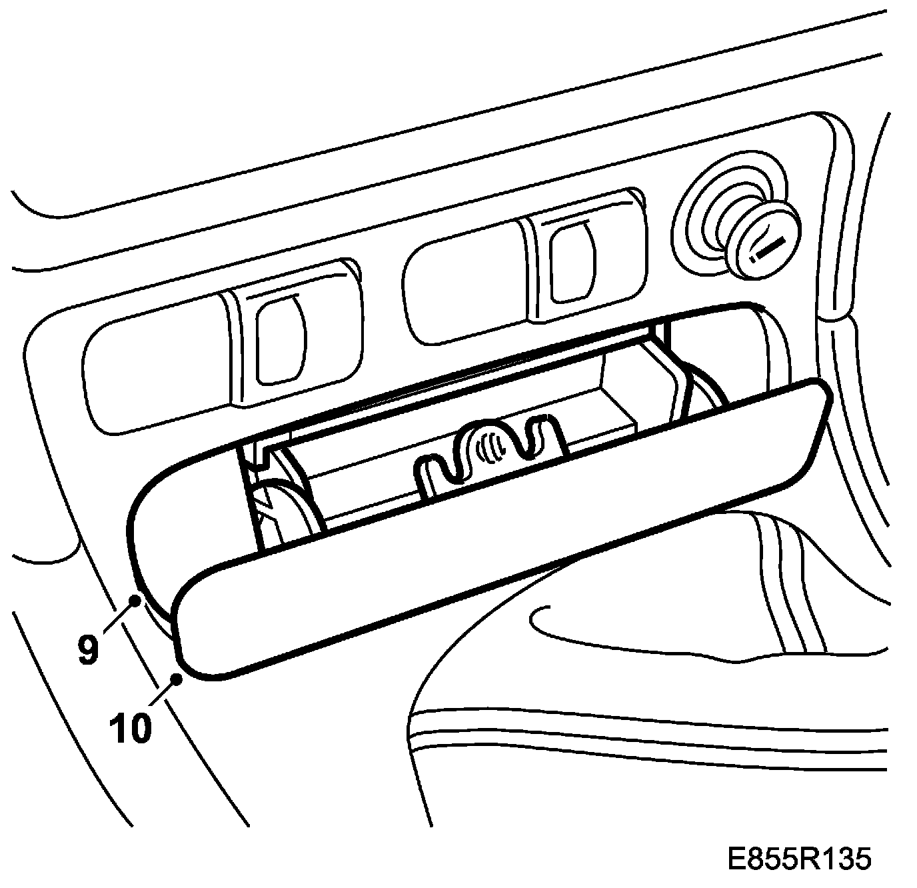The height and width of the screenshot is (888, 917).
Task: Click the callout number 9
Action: coord(88,649)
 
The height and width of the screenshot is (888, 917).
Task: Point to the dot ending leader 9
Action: coord(135,600)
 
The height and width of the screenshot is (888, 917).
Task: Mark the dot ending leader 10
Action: coord(177,679)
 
